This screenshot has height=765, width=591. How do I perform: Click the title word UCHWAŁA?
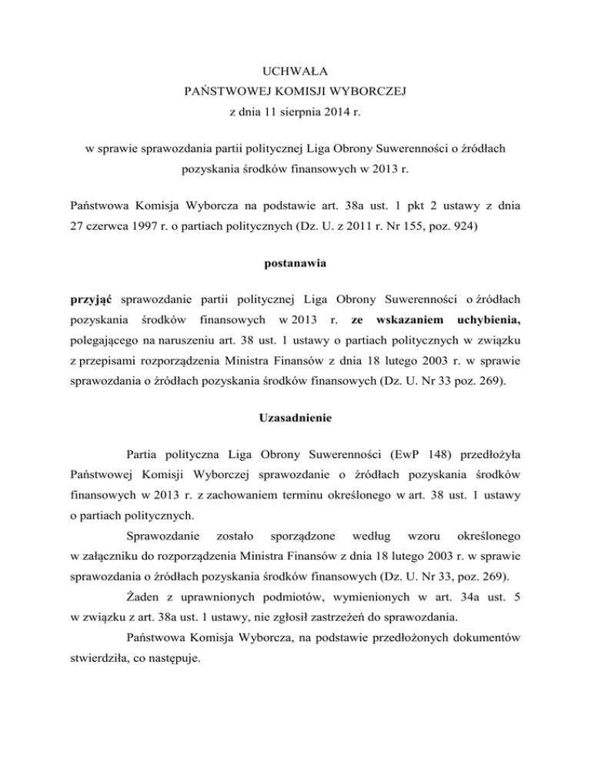click(295, 73)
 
